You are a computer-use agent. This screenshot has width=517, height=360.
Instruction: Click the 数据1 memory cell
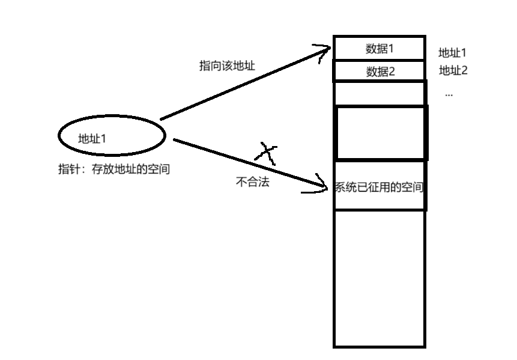tap(379, 48)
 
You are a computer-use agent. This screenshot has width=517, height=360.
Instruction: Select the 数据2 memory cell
tap(379, 72)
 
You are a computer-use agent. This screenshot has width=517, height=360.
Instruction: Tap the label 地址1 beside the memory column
tap(453, 53)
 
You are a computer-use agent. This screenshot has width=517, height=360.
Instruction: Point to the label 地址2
tap(453, 70)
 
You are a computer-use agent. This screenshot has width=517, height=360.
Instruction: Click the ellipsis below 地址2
tap(449, 94)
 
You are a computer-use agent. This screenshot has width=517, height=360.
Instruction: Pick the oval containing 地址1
tap(111, 136)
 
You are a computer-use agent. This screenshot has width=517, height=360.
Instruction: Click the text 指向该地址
tap(227, 66)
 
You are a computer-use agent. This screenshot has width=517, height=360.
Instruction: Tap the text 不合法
tap(253, 182)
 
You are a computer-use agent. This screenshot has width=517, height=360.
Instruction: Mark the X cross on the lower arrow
tap(267, 154)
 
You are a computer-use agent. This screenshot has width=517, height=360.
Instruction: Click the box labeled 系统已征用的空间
tap(379, 186)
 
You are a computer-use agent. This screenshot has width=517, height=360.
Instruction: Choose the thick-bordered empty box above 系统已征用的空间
tap(381, 133)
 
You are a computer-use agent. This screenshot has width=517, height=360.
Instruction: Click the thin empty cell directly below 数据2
tap(379, 94)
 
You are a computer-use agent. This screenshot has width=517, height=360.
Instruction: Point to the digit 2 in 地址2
tap(464, 70)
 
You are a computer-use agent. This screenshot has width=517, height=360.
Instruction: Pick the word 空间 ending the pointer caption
tap(159, 169)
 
